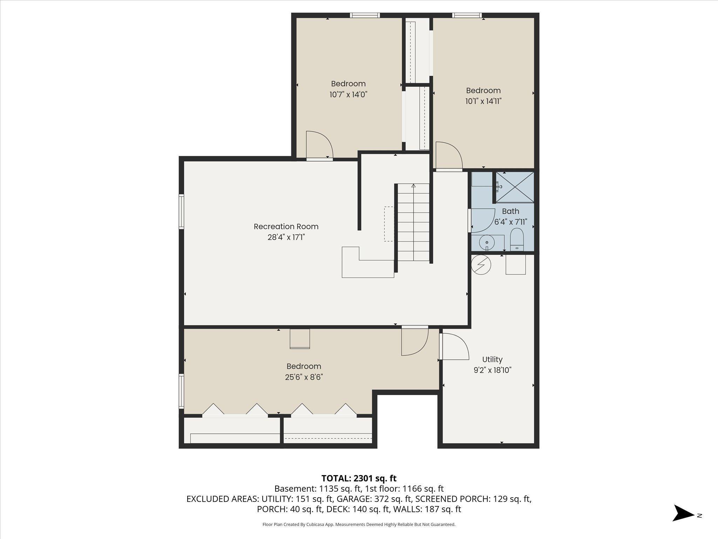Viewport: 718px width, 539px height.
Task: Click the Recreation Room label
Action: click(286, 226)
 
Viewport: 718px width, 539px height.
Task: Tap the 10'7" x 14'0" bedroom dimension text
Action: click(348, 94)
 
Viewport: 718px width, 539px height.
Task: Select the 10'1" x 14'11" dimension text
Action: click(483, 101)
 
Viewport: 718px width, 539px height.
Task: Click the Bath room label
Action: click(510, 211)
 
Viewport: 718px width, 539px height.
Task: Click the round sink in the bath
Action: click(487, 242)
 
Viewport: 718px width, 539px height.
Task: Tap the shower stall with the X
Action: click(515, 187)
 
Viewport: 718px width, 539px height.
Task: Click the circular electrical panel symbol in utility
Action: click(481, 264)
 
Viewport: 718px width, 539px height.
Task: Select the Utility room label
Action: click(492, 359)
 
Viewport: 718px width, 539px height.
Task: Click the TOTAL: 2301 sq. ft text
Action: click(359, 478)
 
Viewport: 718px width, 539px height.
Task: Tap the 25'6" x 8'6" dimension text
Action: click(304, 377)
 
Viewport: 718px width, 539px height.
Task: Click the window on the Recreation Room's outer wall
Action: click(181, 212)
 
